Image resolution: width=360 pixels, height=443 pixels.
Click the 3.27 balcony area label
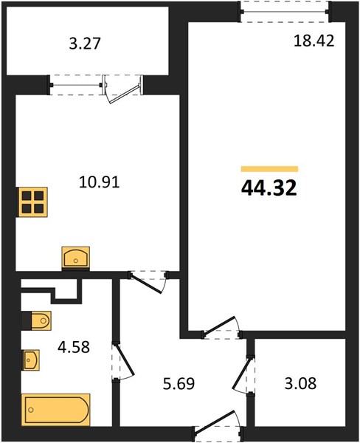[x=85, y=44]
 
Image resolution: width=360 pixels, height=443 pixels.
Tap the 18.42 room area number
[x=314, y=41]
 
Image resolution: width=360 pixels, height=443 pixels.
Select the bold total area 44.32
[x=269, y=188]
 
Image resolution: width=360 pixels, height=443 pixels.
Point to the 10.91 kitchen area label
[x=100, y=182]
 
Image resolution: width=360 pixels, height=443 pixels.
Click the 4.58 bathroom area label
[x=74, y=347]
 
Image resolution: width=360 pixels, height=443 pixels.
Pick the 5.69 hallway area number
[x=179, y=384]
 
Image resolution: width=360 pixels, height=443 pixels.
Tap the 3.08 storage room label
[x=300, y=384]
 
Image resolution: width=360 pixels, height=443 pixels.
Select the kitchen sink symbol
[x=76, y=257]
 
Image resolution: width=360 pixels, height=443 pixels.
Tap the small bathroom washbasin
[x=31, y=360]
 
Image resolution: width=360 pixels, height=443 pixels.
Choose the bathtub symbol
[x=55, y=410]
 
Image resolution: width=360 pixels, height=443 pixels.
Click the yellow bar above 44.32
[x=270, y=169]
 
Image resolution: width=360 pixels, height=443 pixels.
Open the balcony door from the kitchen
[x=122, y=89]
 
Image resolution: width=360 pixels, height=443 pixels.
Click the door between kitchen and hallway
[x=148, y=282]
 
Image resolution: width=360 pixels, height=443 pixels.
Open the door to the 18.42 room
[x=221, y=327]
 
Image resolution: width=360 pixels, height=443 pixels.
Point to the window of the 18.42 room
[x=285, y=12]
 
